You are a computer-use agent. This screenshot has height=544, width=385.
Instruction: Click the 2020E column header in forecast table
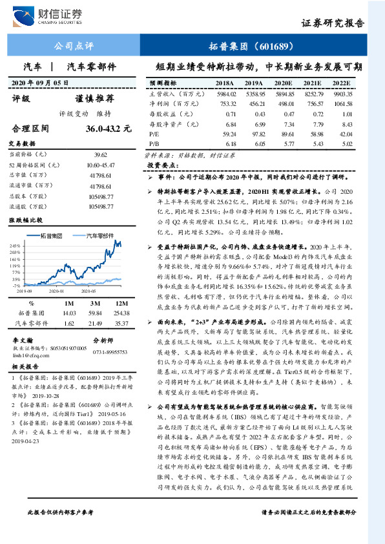(284, 83)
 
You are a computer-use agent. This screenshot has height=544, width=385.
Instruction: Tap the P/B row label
(154, 143)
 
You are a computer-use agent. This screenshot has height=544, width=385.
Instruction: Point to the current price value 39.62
(99, 155)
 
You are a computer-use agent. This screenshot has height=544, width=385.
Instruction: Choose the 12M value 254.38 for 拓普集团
(120, 313)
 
